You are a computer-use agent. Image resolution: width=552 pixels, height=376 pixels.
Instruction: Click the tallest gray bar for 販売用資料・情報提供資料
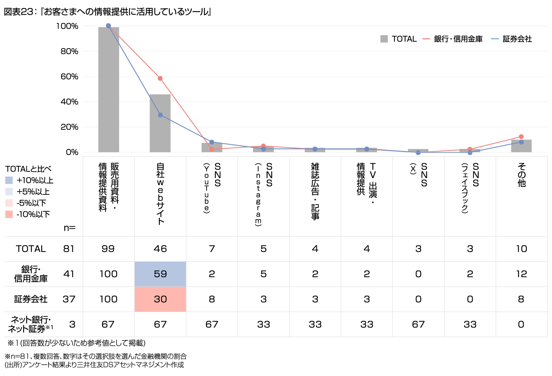[108, 90]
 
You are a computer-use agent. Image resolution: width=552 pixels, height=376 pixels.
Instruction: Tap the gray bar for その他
[521, 146]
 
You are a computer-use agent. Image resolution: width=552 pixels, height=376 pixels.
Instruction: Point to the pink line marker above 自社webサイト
[160, 79]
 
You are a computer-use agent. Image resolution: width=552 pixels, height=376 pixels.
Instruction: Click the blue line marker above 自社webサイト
[160, 115]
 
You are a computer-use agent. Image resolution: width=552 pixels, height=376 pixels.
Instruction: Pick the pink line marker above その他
[521, 137]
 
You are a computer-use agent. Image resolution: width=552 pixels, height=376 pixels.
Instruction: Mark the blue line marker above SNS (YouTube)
[212, 142]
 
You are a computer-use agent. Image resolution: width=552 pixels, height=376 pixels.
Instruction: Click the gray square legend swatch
[384, 39]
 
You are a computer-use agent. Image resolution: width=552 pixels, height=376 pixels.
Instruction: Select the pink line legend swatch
[426, 39]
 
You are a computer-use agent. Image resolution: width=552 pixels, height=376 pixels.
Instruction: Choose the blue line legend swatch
[495, 39]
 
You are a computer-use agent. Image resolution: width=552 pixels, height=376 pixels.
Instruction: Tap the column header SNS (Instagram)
[263, 195]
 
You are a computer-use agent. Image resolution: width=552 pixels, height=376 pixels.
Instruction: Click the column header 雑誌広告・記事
[315, 195]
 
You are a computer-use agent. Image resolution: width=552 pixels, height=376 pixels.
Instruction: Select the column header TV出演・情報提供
[367, 195]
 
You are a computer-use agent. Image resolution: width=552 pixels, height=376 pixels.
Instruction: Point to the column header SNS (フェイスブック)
[470, 195]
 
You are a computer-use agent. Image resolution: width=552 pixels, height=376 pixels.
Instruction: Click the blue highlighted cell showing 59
[160, 274]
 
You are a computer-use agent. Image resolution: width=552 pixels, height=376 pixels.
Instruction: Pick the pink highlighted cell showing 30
[160, 299]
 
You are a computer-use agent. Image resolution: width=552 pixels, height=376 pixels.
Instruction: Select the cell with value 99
[108, 249]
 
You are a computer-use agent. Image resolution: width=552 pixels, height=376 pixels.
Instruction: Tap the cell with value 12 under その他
[521, 274]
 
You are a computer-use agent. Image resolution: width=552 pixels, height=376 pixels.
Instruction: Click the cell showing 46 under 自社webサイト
[160, 249]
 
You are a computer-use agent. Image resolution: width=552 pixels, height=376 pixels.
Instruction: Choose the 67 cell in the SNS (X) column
[418, 324]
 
